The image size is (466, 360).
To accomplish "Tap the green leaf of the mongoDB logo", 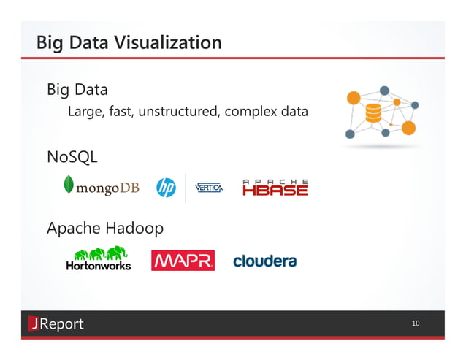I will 69,185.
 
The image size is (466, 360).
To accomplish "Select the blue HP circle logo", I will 166,188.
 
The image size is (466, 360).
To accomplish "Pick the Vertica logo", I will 209,188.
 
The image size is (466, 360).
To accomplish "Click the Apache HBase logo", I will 275,188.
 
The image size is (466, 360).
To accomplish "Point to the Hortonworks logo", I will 99,258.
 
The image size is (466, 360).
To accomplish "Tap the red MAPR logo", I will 183,261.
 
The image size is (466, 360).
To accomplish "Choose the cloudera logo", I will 264,261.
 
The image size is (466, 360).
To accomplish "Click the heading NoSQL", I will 72,157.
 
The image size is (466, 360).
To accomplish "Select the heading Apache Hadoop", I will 105,229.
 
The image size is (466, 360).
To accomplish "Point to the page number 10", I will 416,323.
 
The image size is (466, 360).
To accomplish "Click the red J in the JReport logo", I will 33,323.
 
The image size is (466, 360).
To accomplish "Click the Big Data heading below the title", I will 77,90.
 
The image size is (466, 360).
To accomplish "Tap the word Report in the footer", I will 61,323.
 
